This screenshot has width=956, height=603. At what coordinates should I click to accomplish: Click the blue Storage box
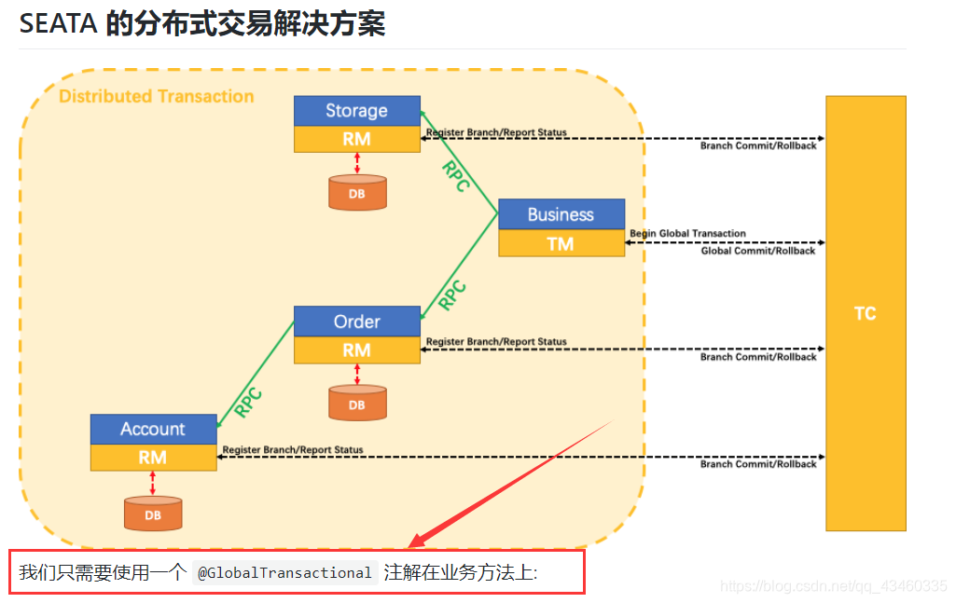pos(356,111)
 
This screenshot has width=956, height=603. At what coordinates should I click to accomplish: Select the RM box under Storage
pos(356,139)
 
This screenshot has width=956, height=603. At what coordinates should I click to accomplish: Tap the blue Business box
pos(561,214)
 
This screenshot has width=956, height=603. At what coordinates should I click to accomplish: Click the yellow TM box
pos(561,243)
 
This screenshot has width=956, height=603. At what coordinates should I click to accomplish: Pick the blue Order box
pos(356,322)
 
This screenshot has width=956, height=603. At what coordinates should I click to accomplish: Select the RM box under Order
pos(356,350)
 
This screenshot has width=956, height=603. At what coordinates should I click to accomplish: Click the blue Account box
pos(153,429)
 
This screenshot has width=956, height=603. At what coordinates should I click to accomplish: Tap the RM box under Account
pos(153,458)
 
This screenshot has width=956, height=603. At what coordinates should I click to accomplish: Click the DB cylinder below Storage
pos(357,193)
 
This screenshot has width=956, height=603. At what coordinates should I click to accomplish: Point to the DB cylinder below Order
pos(357,404)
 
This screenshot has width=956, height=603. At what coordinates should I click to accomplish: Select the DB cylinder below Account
pos(153,514)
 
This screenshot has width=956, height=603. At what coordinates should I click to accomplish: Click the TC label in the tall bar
pos(866,313)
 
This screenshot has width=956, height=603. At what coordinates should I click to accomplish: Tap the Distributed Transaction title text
pos(157,96)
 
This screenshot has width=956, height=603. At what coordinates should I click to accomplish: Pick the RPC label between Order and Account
pos(248,402)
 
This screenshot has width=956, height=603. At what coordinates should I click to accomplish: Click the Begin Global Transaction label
pos(687,233)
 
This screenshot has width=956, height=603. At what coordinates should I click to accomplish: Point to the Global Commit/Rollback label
pos(757,251)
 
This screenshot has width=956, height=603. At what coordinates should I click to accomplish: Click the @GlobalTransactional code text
pos(284,573)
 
